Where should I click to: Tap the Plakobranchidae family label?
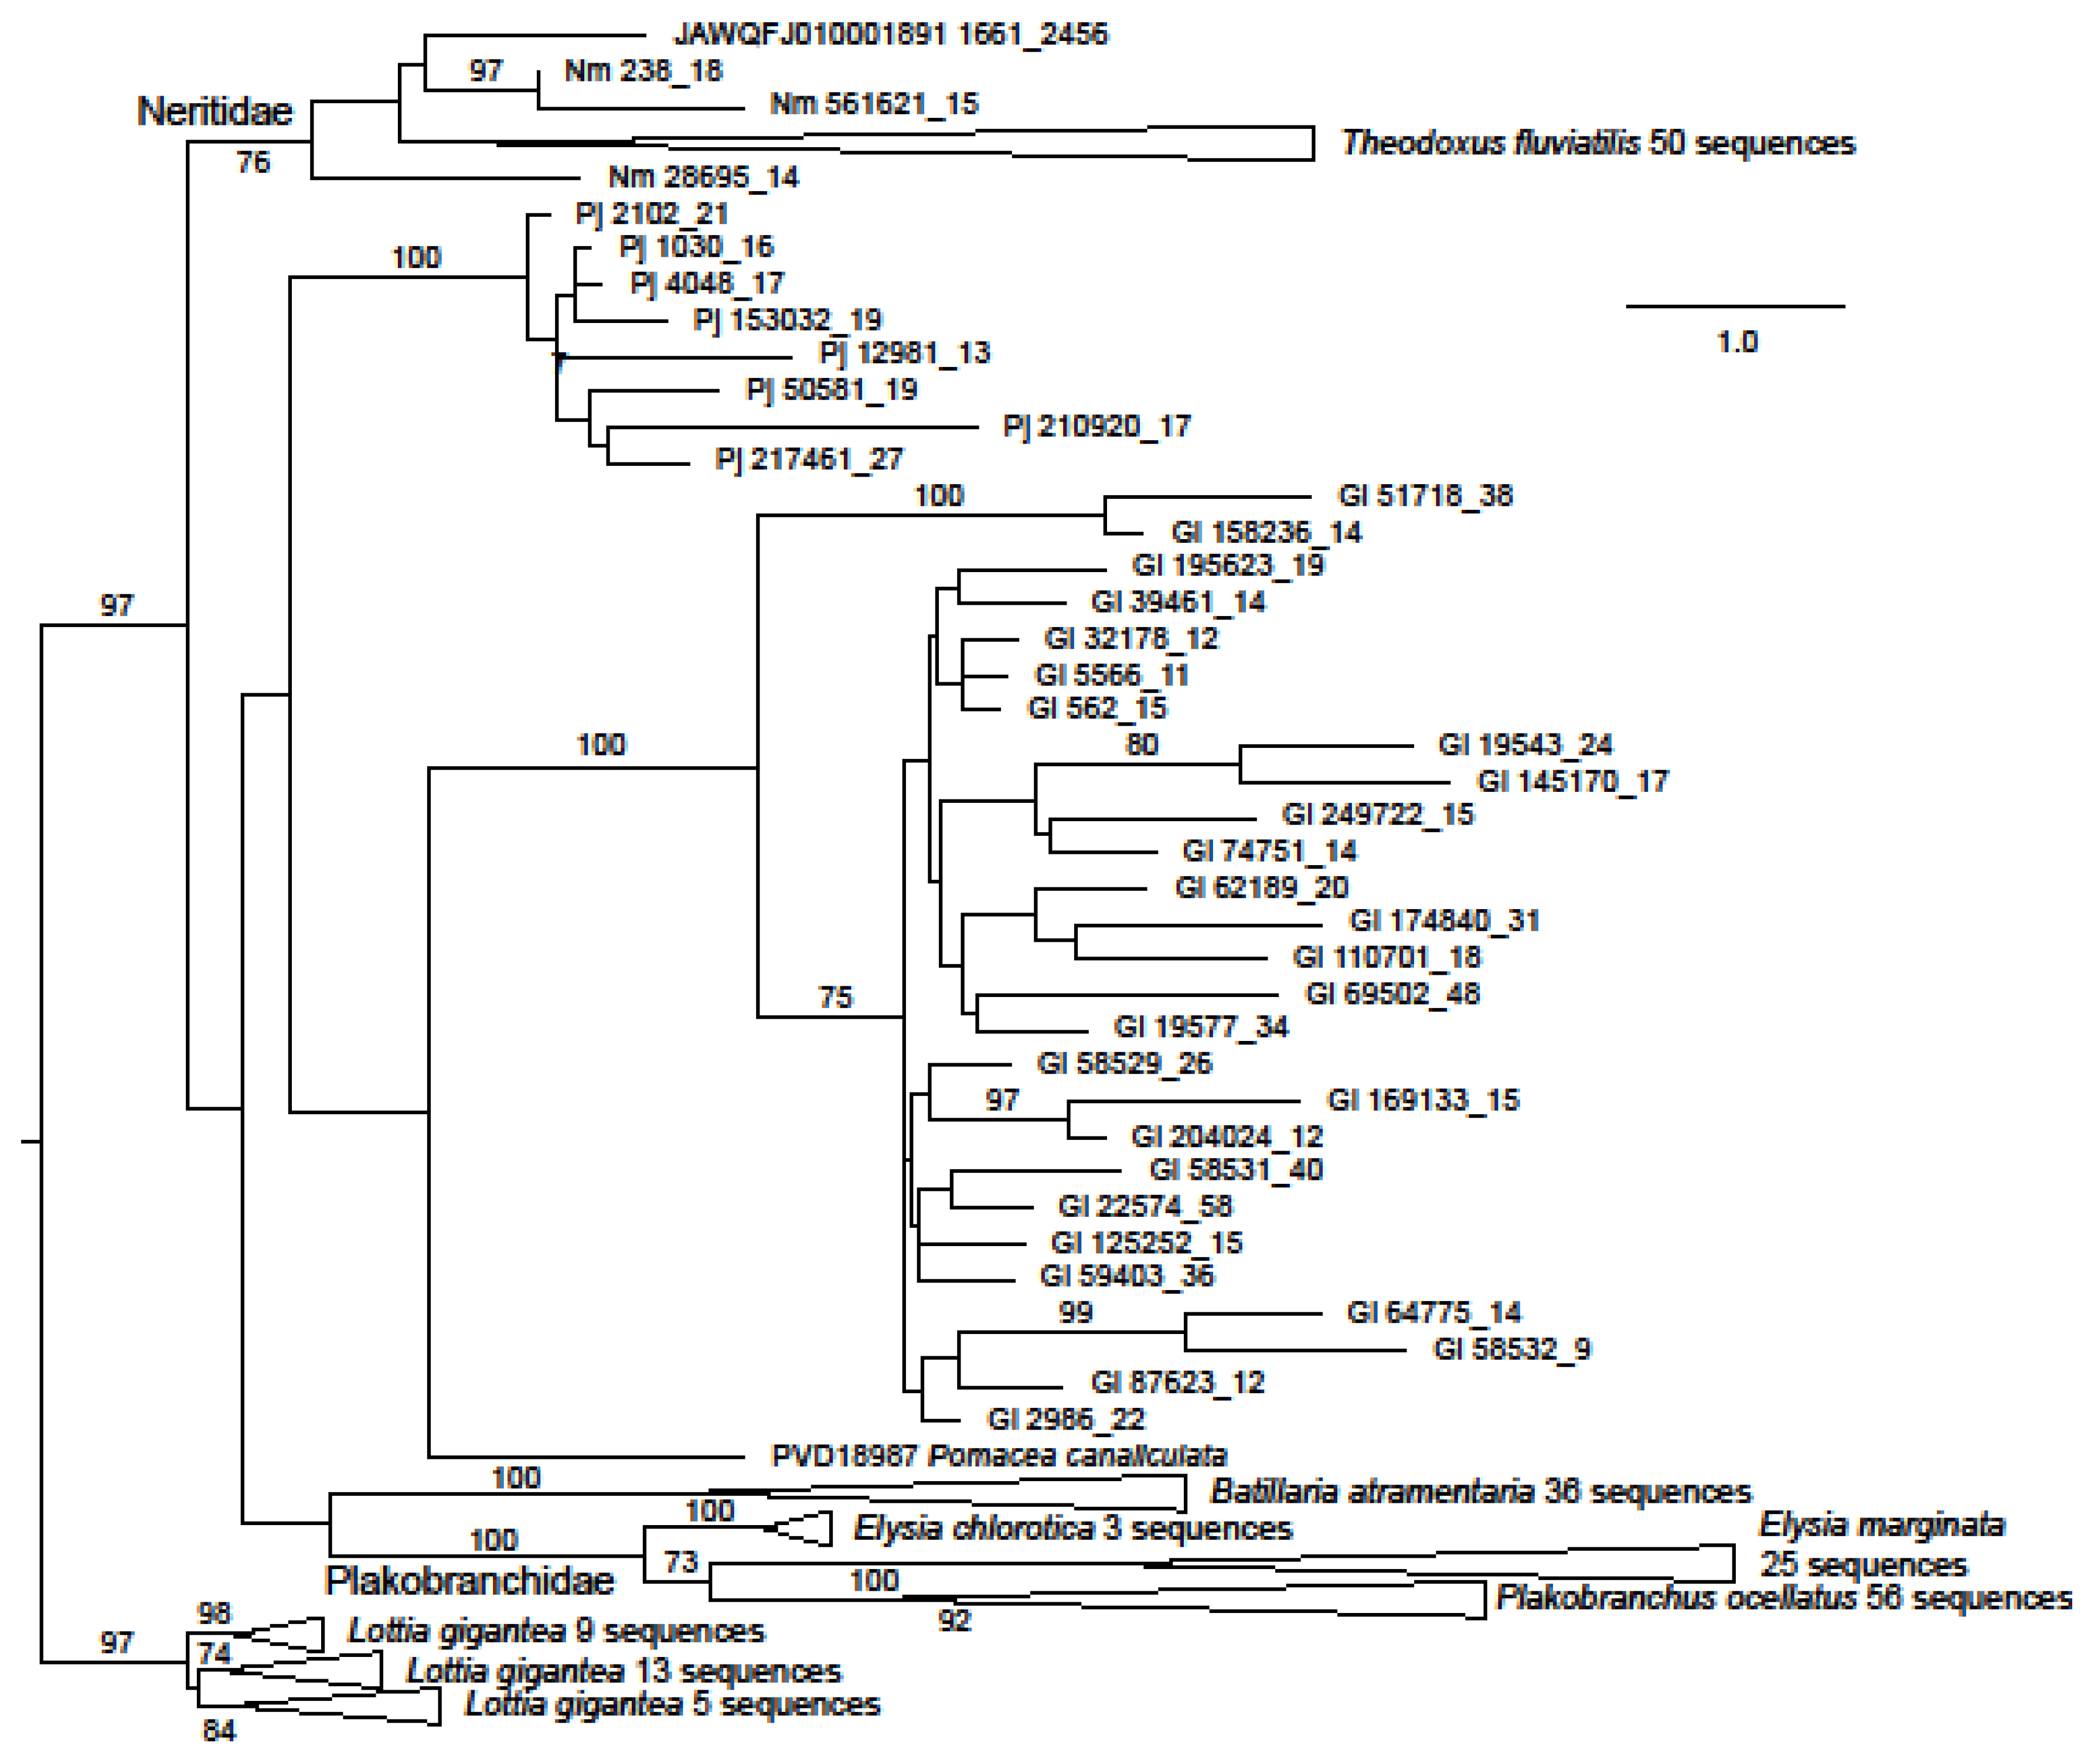click(x=470, y=1580)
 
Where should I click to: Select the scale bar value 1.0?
click(x=1736, y=343)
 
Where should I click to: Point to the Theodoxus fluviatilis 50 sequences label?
click(x=1597, y=143)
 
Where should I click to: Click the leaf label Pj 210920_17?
click(x=1096, y=427)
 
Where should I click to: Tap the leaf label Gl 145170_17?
click(x=1572, y=781)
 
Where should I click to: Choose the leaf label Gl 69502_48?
click(x=1392, y=993)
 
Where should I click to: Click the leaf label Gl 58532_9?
click(x=1511, y=1349)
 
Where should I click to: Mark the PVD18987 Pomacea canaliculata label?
click(x=999, y=1455)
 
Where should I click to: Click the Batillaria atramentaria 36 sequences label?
click(x=1480, y=1492)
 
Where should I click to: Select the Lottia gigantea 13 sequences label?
click(x=624, y=1671)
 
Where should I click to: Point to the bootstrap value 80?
click(x=1142, y=744)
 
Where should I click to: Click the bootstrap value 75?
click(x=836, y=998)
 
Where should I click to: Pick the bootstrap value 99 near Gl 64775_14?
click(x=1075, y=1312)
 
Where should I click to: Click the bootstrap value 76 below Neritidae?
click(x=253, y=162)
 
